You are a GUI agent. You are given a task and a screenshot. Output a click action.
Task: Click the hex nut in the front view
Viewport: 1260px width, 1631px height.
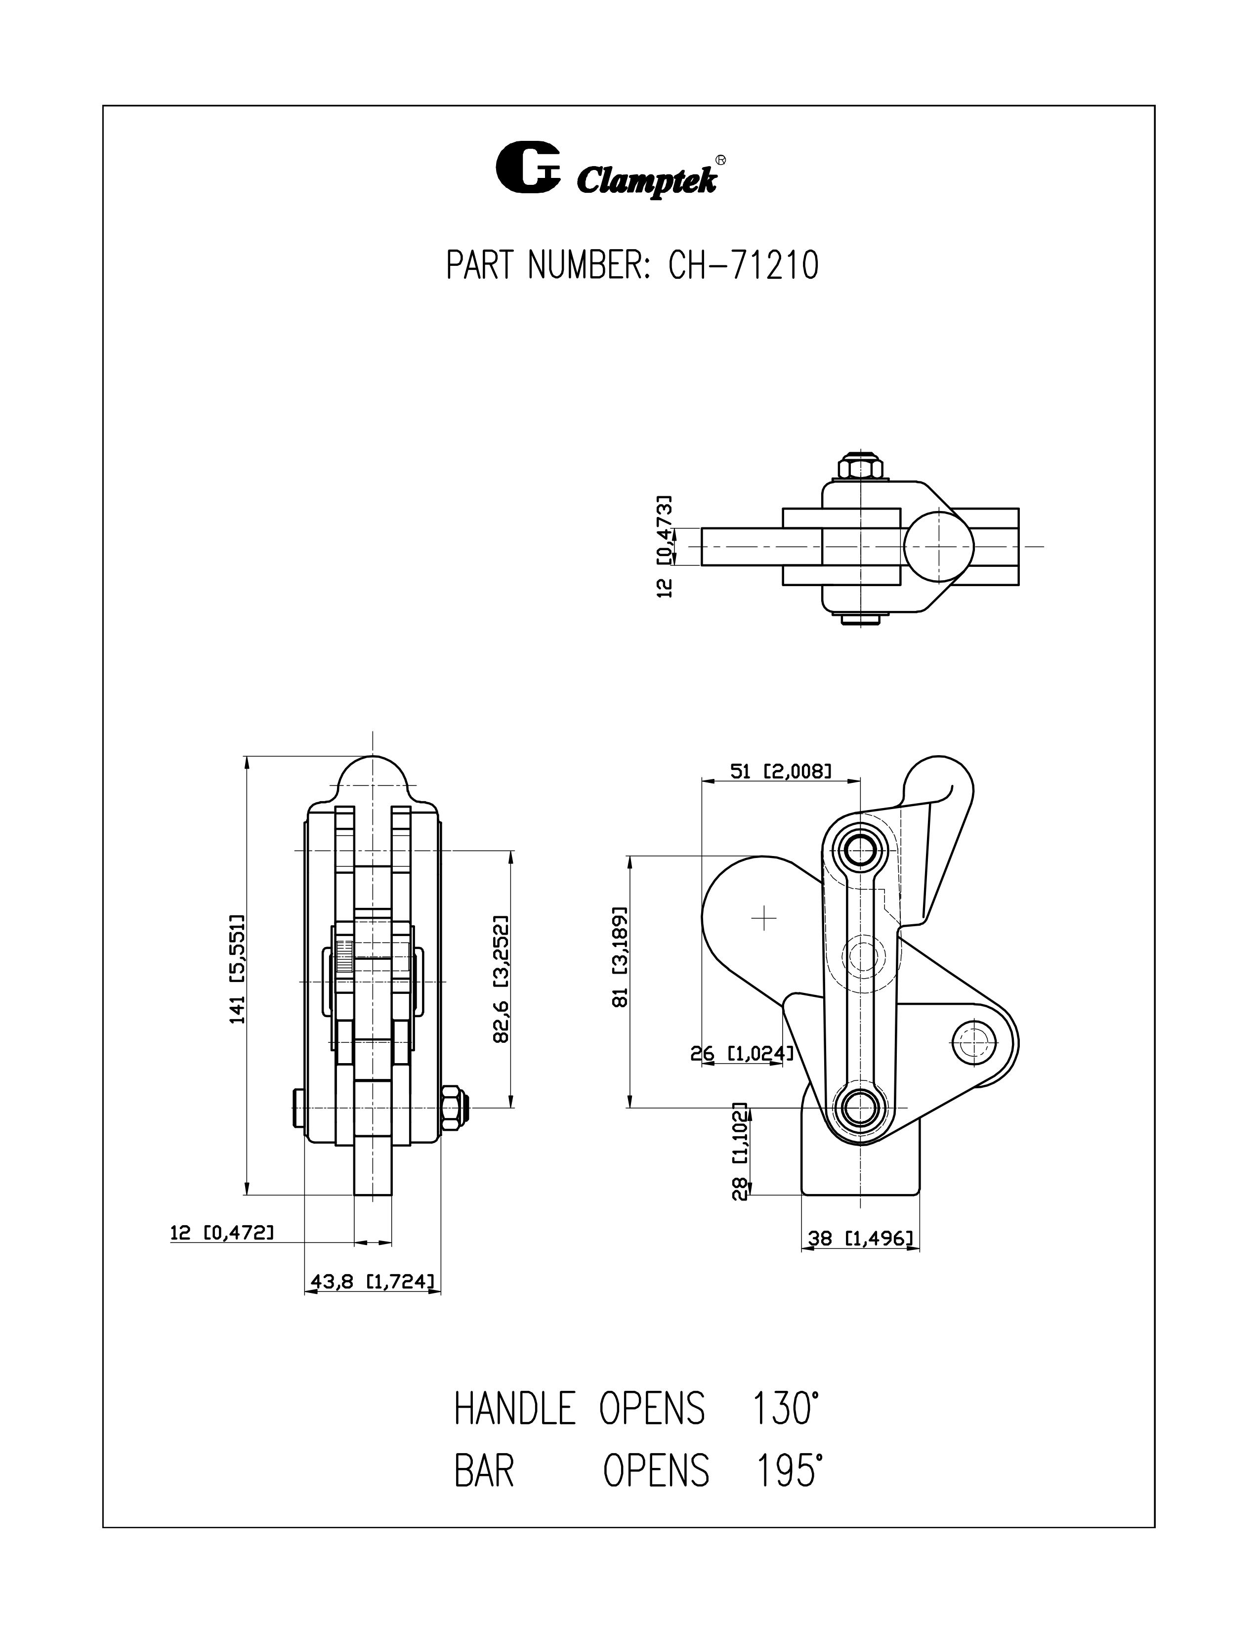point(453,1108)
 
